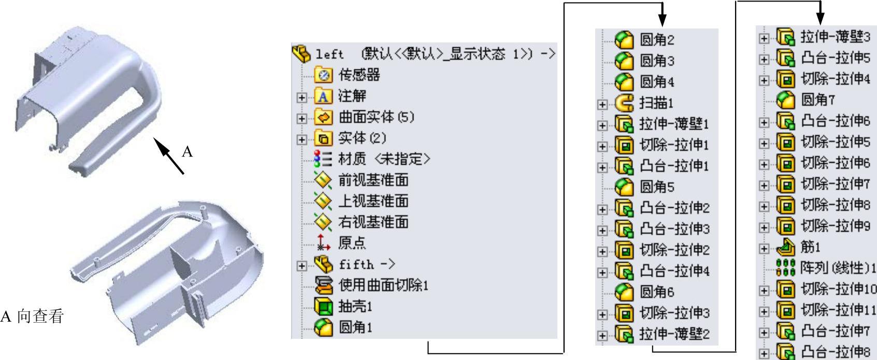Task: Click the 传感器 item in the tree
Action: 359,75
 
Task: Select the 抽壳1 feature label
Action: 355,306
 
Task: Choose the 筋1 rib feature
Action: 811,247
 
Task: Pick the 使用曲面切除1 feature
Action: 383,285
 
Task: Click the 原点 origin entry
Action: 352,243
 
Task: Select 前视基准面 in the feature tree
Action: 373,180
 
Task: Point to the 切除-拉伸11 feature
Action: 839,310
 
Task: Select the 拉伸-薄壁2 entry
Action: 674,334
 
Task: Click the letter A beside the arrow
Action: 188,152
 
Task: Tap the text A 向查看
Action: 32,316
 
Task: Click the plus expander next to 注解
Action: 301,97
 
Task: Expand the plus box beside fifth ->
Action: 301,266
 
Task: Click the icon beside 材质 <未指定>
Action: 323,159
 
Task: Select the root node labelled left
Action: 329,54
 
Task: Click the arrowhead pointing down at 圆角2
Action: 662,20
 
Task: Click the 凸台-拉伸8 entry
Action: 836,352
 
